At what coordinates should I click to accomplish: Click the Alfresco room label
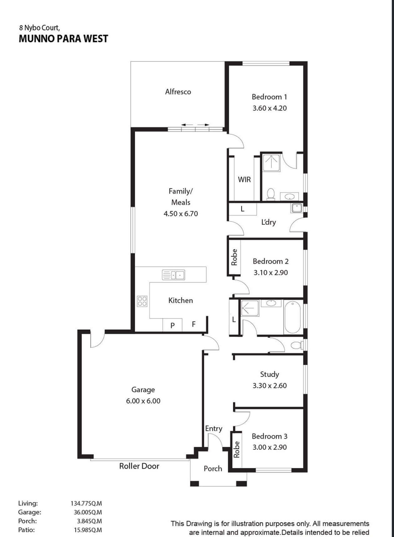point(178,92)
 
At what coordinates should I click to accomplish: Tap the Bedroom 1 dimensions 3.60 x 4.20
point(270,108)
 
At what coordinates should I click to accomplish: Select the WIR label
point(244,180)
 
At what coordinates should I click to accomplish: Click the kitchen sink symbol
point(173,275)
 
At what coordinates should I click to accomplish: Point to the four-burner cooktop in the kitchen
point(142,301)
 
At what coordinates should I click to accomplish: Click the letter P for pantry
point(172,326)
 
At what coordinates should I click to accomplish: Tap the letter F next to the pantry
point(194,324)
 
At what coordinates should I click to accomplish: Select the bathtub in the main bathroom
point(292,317)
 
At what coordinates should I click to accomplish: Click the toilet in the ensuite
point(270,194)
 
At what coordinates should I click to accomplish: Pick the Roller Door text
point(139,466)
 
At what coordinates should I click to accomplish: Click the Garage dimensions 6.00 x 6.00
point(143,401)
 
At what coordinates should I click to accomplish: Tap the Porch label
point(213,469)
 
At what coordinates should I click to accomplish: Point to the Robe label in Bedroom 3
point(237,450)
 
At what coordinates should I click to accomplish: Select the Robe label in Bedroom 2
point(234,257)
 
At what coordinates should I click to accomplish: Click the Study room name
point(270,374)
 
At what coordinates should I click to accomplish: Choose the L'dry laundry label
point(269,222)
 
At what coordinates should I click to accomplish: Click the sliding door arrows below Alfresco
point(195,125)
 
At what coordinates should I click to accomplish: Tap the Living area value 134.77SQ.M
point(86,503)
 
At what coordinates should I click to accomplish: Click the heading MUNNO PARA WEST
point(63,39)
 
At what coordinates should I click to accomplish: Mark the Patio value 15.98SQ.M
point(88,530)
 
